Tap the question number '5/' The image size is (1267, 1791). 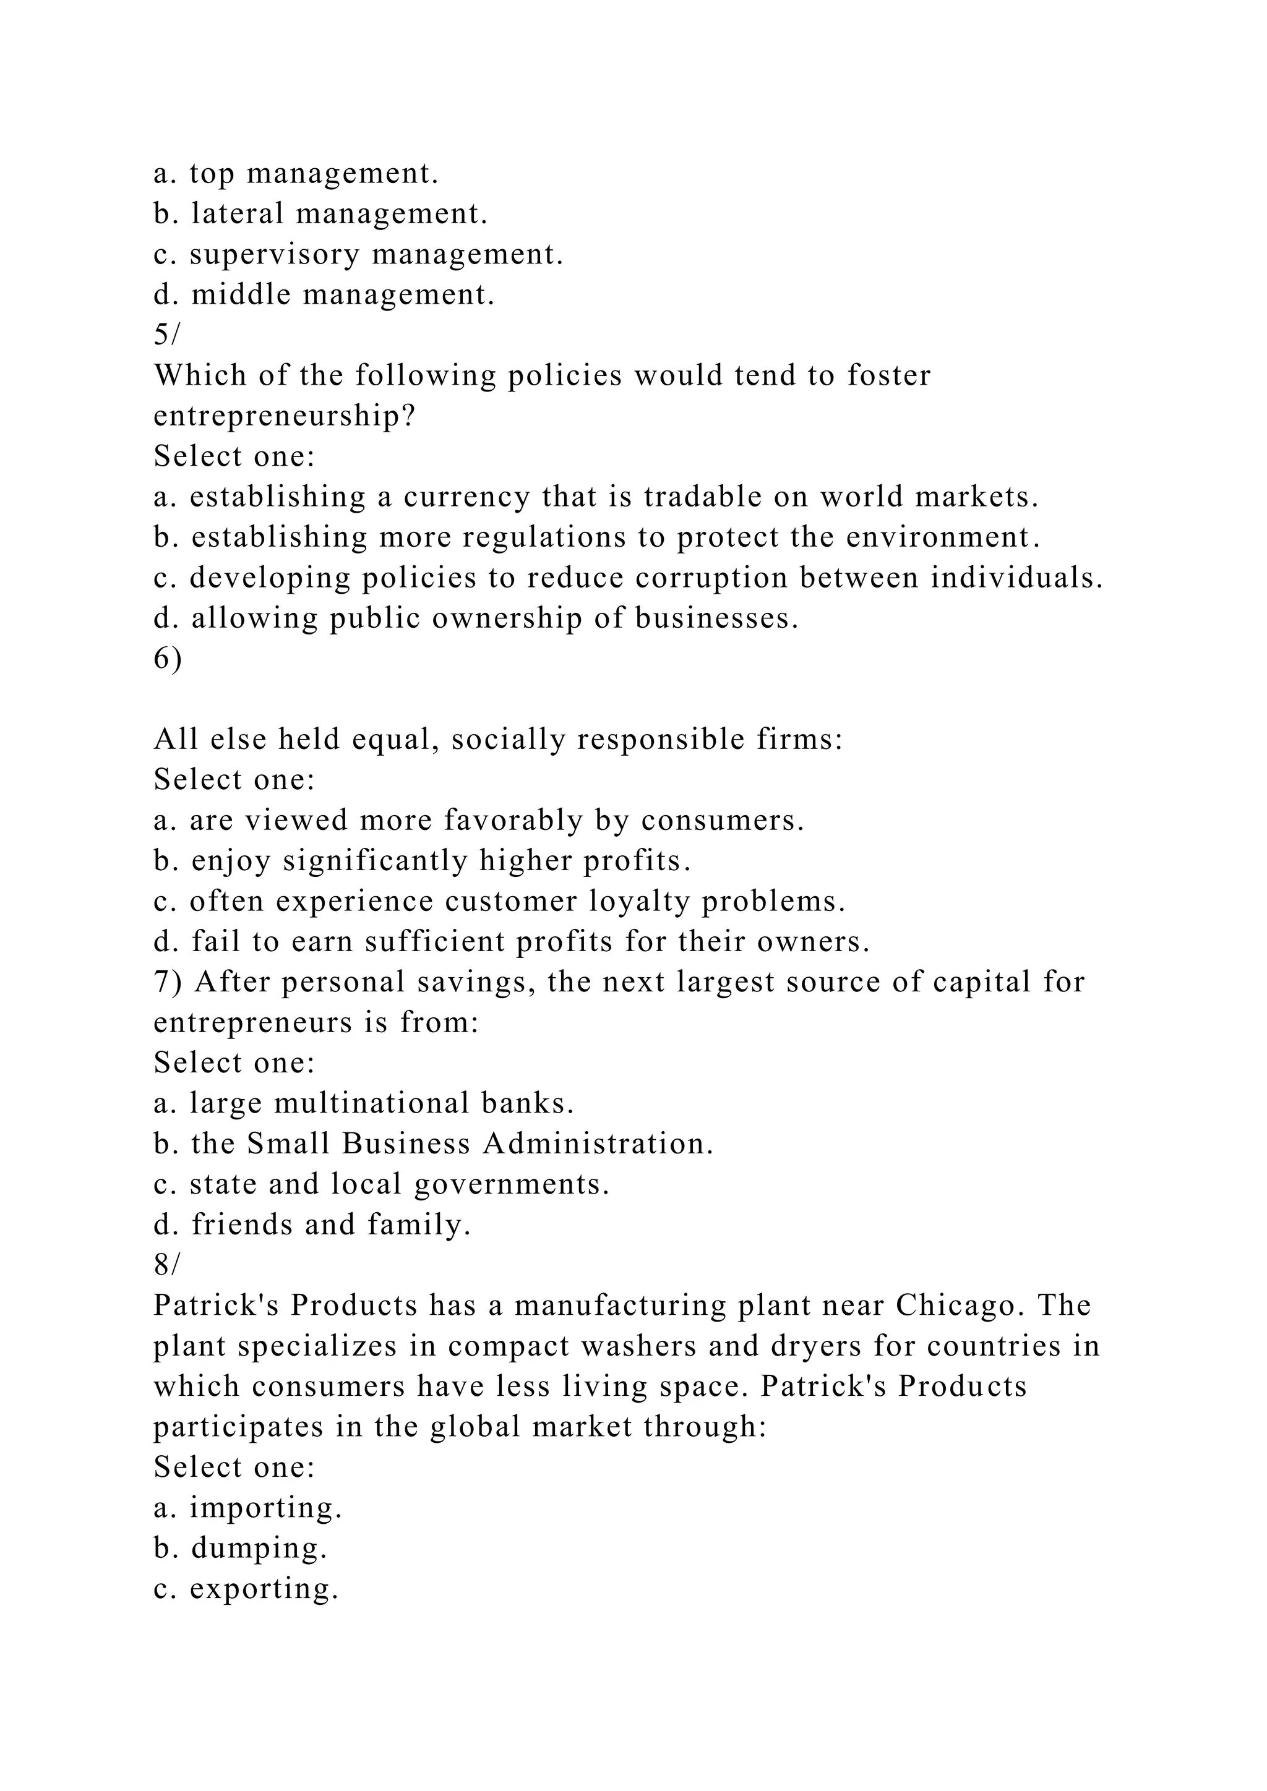point(166,335)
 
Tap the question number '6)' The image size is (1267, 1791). point(168,659)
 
